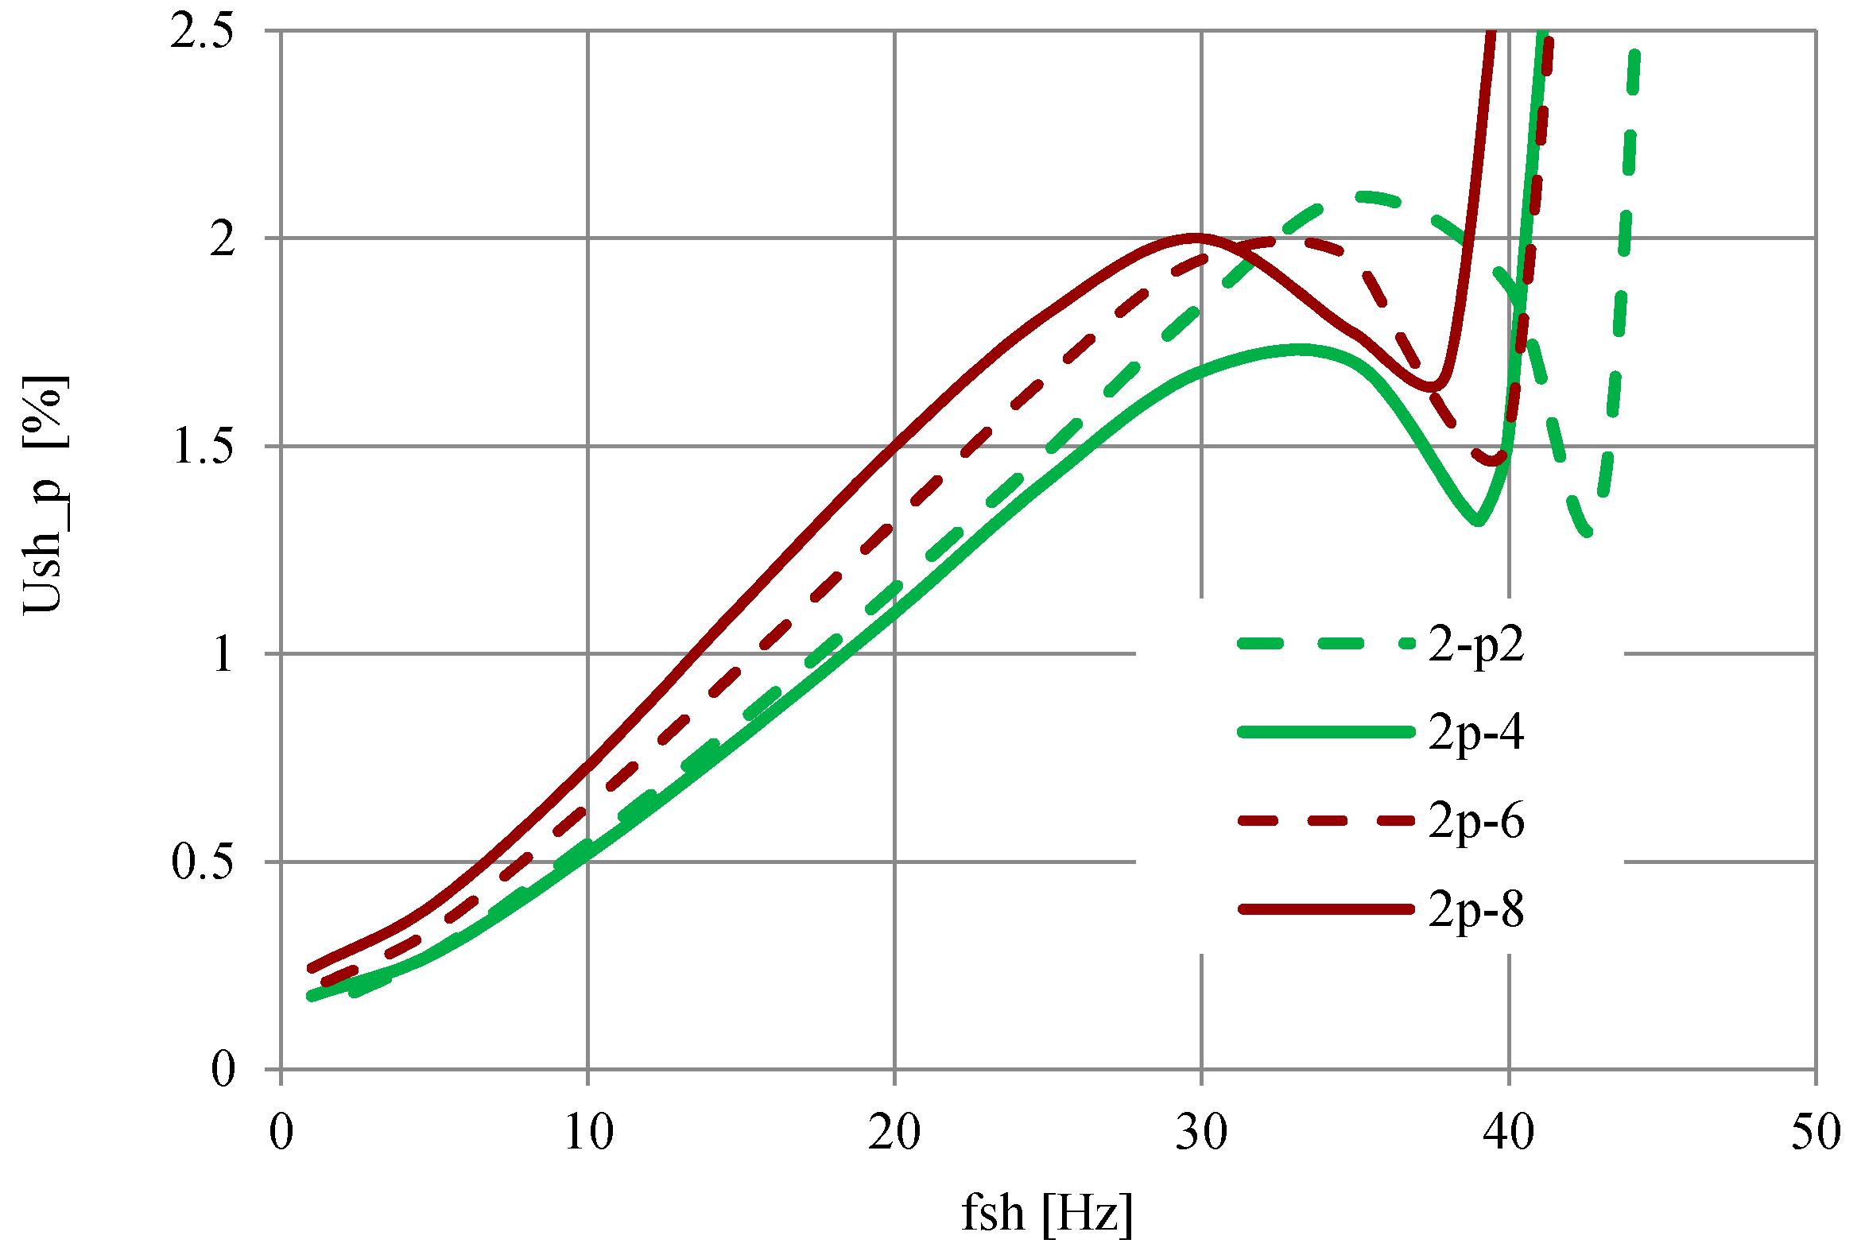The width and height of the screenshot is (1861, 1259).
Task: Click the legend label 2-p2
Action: tap(1475, 645)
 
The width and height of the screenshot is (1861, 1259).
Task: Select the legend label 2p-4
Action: tap(1475, 734)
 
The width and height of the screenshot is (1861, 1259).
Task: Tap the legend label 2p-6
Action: tap(1475, 822)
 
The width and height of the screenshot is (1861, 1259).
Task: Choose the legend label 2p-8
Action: tap(1475, 911)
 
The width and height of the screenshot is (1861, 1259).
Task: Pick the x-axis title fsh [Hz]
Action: tap(1047, 1214)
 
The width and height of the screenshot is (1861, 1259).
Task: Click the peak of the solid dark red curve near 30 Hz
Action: tap(1195, 236)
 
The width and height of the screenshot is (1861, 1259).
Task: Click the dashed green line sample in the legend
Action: tap(1325, 644)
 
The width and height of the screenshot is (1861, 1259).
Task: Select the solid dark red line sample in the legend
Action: tap(1325, 909)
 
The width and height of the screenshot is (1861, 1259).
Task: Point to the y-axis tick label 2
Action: tap(223, 238)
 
